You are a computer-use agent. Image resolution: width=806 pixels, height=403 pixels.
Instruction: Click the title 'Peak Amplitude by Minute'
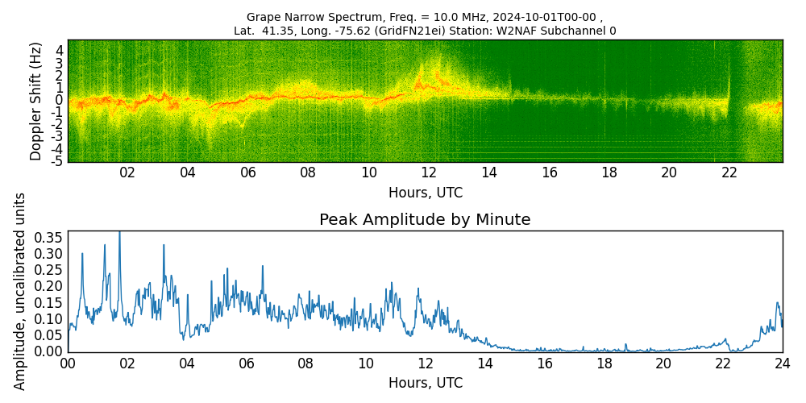pos(425,220)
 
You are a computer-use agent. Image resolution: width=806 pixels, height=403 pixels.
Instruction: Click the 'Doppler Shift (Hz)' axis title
pos(35,101)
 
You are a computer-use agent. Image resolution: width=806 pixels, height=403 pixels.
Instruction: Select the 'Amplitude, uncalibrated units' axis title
pos(19,292)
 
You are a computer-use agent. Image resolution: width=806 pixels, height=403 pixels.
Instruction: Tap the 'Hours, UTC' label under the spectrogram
pos(426,193)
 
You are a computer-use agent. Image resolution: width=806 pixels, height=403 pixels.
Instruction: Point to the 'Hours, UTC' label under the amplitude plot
pos(426,383)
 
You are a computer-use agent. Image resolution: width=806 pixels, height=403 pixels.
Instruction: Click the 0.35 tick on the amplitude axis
pos(48,238)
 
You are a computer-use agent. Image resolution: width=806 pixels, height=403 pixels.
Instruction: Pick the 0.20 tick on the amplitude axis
pos(48,286)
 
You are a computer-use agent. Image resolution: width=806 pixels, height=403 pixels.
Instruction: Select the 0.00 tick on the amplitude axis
pos(48,351)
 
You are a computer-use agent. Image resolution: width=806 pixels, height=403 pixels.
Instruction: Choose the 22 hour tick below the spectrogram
pos(729,173)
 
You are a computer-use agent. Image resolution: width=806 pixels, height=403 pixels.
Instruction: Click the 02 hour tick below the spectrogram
pos(127,173)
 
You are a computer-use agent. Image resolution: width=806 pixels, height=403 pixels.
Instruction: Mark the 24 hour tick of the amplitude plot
pos(783,364)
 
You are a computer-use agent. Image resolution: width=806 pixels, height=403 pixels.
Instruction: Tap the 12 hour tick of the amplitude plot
pos(425,364)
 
